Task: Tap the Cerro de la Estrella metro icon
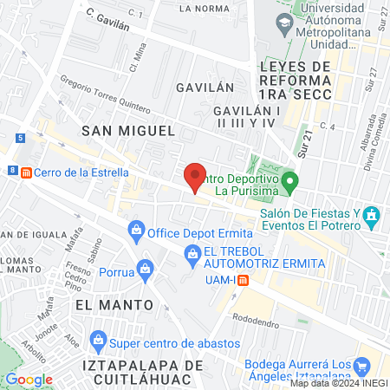pyautogui.click(x=26, y=172)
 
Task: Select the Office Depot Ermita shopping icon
pyautogui.click(x=136, y=230)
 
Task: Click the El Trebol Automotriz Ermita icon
pyautogui.click(x=193, y=252)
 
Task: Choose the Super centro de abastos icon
pyautogui.click(x=100, y=339)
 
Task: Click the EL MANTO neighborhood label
pyautogui.click(x=114, y=305)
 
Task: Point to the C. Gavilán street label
pyautogui.click(x=108, y=19)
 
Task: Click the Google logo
pyautogui.click(x=28, y=379)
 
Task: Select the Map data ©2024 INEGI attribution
pyautogui.click(x=338, y=383)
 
